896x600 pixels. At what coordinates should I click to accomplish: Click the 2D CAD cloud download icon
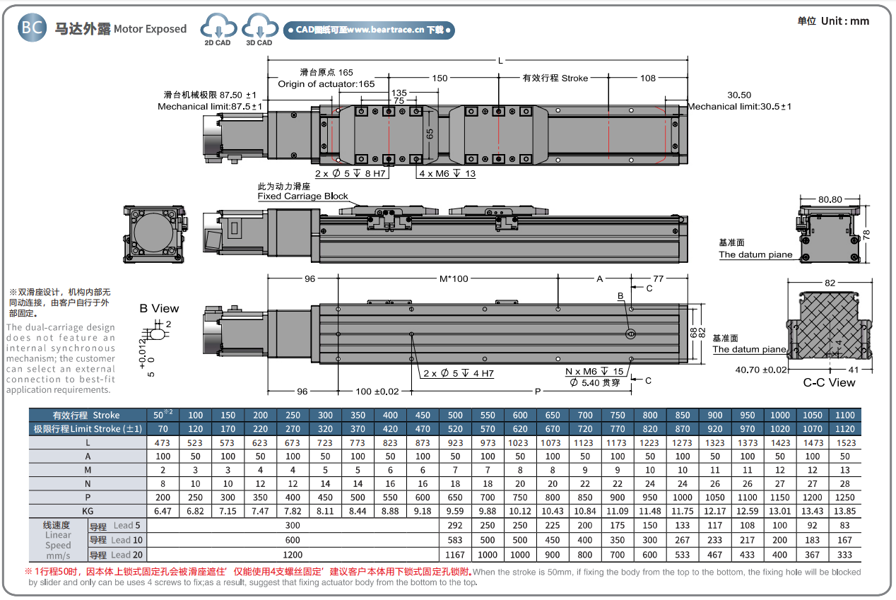point(218,29)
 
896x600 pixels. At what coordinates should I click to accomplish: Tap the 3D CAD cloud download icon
point(259,29)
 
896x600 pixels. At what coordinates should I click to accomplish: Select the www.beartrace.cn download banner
point(369,30)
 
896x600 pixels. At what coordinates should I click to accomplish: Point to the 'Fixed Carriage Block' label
point(302,196)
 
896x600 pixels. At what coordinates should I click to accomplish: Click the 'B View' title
point(159,308)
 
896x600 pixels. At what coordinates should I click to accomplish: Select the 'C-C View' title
point(829,383)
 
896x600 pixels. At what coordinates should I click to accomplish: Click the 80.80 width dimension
point(830,199)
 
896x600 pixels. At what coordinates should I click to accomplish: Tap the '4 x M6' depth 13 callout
point(447,174)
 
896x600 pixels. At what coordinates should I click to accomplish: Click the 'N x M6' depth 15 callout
point(594,372)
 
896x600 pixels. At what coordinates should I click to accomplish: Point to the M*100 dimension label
point(454,278)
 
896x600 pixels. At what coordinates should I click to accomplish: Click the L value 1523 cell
point(845,443)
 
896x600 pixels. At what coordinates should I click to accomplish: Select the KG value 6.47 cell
point(163,510)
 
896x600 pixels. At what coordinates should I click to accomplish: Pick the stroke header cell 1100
point(845,415)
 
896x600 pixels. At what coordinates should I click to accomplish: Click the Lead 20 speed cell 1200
point(293,555)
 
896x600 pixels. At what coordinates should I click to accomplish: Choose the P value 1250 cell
point(845,497)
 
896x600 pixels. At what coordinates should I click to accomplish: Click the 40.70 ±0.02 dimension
point(761,370)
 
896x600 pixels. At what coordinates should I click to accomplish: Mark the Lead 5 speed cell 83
point(845,525)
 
